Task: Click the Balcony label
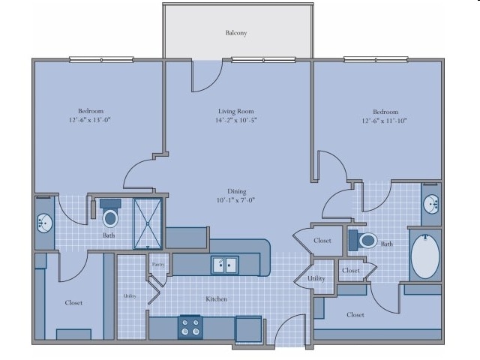236,33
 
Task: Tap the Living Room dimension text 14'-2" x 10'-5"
235,120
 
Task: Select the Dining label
237,191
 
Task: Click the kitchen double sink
225,265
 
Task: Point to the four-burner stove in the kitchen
190,327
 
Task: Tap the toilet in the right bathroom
363,240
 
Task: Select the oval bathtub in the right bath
425,256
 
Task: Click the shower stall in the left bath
148,223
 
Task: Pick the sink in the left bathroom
45,223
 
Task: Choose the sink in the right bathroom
432,204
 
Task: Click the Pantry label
158,265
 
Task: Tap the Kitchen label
217,298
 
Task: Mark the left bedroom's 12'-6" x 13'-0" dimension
89,120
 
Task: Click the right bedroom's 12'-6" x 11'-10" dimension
384,121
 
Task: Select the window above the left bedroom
102,59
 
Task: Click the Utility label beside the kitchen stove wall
130,296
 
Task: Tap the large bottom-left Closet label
73,303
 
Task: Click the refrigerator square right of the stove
248,328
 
